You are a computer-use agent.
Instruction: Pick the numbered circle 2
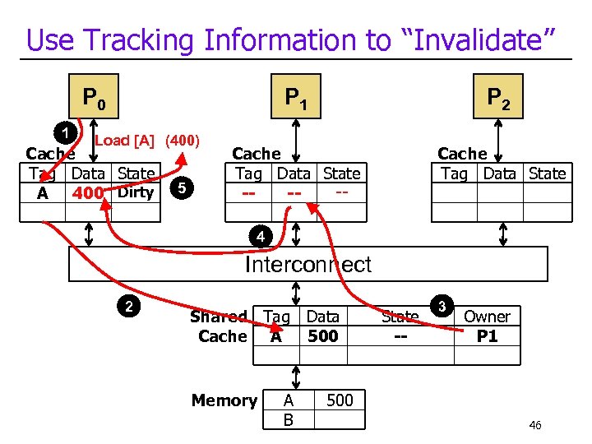point(128,308)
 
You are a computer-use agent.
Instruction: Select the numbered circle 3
point(442,308)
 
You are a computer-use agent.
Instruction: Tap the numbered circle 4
point(260,238)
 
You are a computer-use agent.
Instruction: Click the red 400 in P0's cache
point(87,193)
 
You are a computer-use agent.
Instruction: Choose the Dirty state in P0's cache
point(136,192)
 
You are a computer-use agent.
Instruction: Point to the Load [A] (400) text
point(147,140)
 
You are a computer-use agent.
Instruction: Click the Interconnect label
point(308,265)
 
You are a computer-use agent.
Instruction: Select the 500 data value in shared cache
point(322,335)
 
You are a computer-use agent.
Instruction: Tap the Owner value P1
point(488,336)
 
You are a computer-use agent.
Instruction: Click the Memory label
point(224,400)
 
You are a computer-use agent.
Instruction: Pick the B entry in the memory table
point(288,419)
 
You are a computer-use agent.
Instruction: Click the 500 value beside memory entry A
point(340,400)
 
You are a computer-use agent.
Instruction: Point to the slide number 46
point(534,425)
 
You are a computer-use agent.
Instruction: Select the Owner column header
point(487,317)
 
